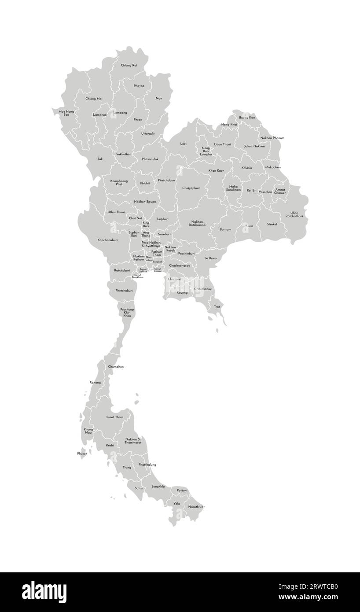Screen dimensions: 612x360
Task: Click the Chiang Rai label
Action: pyautogui.click(x=129, y=65)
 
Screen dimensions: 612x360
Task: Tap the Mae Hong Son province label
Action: pyautogui.click(x=66, y=113)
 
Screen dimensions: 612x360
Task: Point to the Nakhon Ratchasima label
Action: pyautogui.click(x=197, y=223)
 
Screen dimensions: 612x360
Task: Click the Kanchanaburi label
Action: pyautogui.click(x=107, y=240)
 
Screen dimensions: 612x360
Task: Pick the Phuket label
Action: pyautogui.click(x=82, y=453)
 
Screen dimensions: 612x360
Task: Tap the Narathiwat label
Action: pyautogui.click(x=196, y=507)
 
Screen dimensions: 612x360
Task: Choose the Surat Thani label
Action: pyautogui.click(x=115, y=417)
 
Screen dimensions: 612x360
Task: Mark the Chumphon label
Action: pyautogui.click(x=116, y=367)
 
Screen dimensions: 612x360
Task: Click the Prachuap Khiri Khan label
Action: pyautogui.click(x=127, y=313)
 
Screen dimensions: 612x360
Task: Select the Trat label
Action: pyautogui.click(x=217, y=306)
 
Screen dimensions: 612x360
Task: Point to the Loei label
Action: pyautogui.click(x=184, y=144)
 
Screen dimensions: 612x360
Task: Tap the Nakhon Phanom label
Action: pyautogui.click(x=272, y=138)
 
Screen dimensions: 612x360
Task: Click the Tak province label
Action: pyautogui.click(x=100, y=159)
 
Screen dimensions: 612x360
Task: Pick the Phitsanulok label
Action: pyautogui.click(x=150, y=159)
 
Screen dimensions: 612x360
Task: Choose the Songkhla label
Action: pyautogui.click(x=158, y=487)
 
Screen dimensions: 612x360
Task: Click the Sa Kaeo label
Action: pyautogui.click(x=210, y=258)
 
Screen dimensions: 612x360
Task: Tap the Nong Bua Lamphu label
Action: pyautogui.click(x=206, y=151)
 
